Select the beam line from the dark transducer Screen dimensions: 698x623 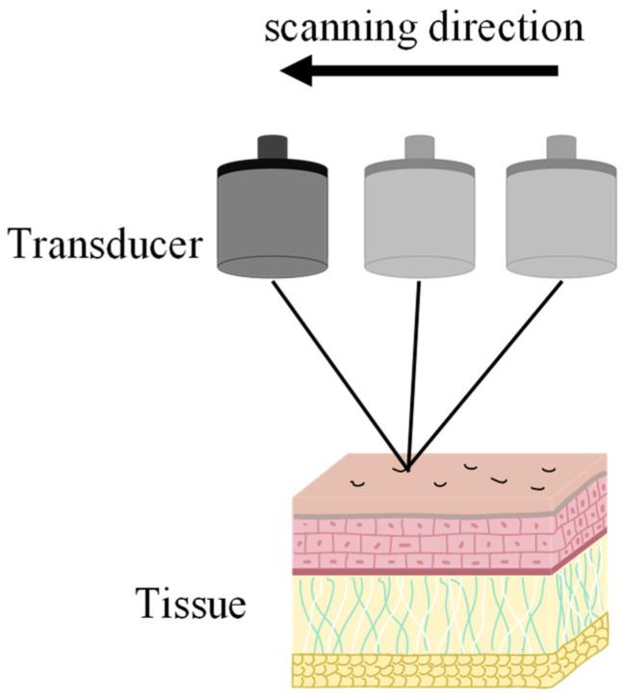pos(337,371)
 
